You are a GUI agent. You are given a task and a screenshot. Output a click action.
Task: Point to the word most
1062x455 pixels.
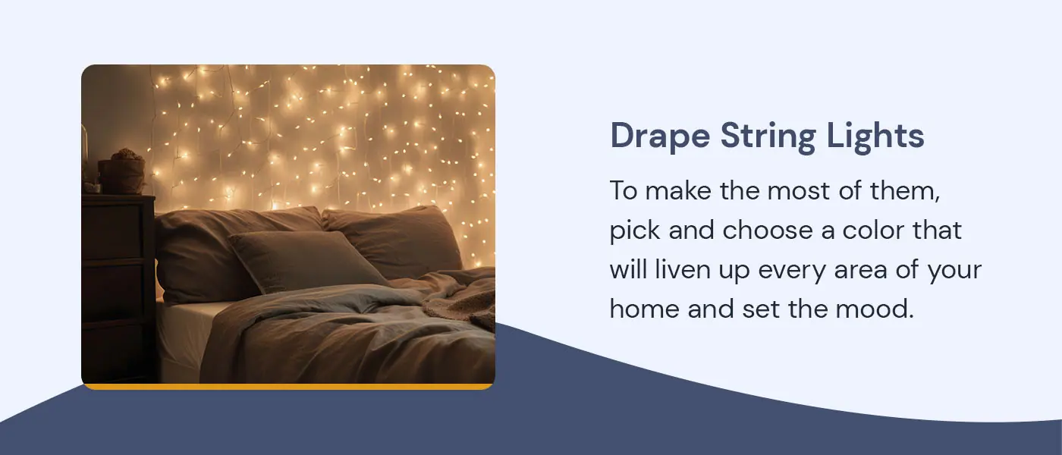pos(798,191)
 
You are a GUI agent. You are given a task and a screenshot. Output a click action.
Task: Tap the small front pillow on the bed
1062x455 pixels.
pos(307,260)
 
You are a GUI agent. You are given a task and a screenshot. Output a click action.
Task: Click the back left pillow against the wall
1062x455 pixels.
pos(228,243)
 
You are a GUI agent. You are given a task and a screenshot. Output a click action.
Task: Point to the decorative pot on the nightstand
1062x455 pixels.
pos(124,173)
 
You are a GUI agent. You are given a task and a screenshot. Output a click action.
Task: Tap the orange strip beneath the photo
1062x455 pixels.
pos(288,387)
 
